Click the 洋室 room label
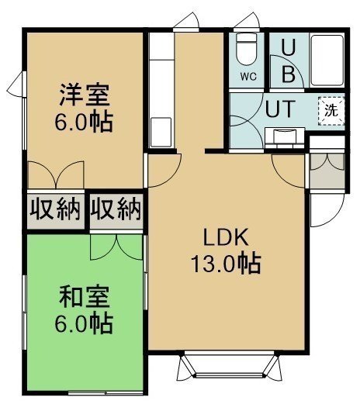[85, 95]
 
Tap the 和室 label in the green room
[85, 296]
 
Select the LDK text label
[226, 237]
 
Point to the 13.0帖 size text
[226, 264]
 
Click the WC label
[248, 77]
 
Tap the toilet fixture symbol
[247, 50]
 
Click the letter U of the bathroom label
[288, 48]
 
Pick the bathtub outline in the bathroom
[327, 60]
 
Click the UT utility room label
[280, 109]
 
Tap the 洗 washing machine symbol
[331, 111]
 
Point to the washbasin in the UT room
[285, 137]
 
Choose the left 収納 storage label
[55, 209]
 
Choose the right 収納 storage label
[116, 209]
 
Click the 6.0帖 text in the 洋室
[84, 122]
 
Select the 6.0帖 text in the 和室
[84, 323]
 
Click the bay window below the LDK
[229, 365]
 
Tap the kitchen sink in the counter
[161, 133]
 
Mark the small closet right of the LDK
[327, 171]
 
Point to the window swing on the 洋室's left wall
[16, 84]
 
